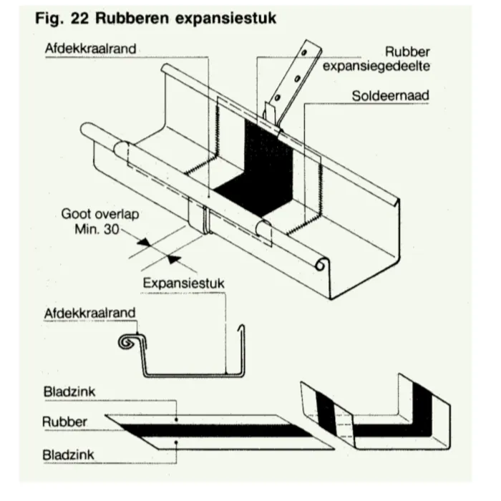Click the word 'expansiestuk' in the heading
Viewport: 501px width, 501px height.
pos(228,18)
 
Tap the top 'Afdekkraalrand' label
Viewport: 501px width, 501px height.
pos(90,48)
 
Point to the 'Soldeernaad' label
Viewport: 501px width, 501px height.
pos(390,95)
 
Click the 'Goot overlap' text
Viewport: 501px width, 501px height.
pos(99,214)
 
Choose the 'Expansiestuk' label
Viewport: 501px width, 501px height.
pos(183,283)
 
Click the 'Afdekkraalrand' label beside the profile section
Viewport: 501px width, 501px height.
pos(90,313)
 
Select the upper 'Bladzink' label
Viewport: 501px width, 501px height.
pos(69,391)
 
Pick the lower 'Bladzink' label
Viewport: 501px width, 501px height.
pos(69,454)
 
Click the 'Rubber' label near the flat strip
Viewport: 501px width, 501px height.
pos(65,422)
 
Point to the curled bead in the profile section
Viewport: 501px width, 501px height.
pos(128,343)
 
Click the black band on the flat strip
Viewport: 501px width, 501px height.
pos(215,429)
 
